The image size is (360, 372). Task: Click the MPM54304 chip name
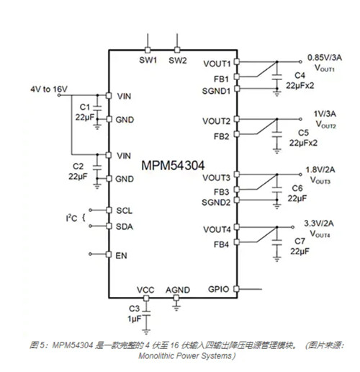click(x=173, y=165)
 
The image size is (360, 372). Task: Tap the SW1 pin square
click(x=148, y=50)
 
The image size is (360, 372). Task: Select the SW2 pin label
click(x=178, y=61)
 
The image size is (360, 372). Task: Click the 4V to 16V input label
click(x=49, y=89)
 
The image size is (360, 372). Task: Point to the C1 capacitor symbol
click(x=97, y=108)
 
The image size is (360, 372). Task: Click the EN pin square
click(x=109, y=254)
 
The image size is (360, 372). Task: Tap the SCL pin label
click(x=125, y=211)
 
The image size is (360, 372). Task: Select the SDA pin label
click(x=125, y=226)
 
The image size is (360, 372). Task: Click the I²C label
click(x=71, y=218)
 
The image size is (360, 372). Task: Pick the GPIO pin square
click(x=237, y=289)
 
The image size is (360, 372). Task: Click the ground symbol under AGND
click(x=176, y=308)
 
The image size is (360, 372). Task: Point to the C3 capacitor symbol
click(x=146, y=313)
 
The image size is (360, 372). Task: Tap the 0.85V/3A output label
click(x=325, y=58)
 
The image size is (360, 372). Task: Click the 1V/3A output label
click(x=325, y=114)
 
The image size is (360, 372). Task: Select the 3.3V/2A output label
click(x=319, y=223)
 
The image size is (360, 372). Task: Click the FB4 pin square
click(x=237, y=242)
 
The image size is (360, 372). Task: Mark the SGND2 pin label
click(x=216, y=203)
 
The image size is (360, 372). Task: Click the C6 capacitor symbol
click(x=277, y=190)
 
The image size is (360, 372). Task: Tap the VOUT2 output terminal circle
click(x=300, y=119)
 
